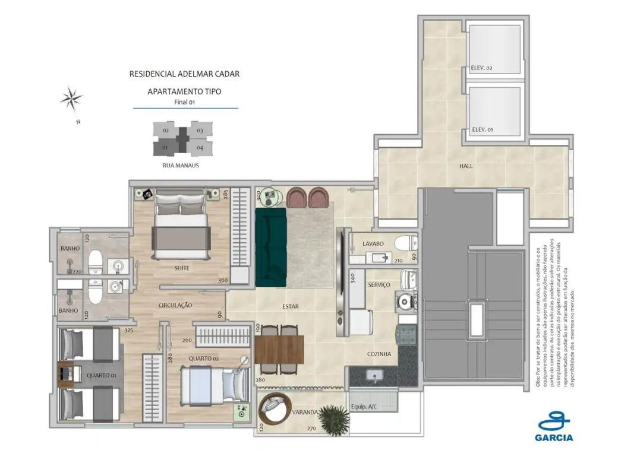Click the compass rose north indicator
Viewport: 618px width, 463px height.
point(71,99)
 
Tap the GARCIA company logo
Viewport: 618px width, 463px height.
point(555,428)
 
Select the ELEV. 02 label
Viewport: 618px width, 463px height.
point(481,68)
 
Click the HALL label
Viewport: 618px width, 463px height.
point(466,166)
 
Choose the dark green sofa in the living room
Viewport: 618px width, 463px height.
point(271,243)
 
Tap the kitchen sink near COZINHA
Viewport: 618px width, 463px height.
point(374,375)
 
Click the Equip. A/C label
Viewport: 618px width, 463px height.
point(363,407)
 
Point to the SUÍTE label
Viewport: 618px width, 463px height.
point(182,268)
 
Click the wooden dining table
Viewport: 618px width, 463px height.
point(279,350)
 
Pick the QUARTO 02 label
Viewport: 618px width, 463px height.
point(204,359)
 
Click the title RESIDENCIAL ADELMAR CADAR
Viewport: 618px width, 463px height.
point(185,74)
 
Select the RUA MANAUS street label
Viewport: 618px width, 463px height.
point(180,166)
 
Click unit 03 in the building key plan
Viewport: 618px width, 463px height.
point(200,131)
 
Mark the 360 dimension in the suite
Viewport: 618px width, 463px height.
point(223,281)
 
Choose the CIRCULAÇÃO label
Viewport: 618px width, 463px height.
point(175,305)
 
